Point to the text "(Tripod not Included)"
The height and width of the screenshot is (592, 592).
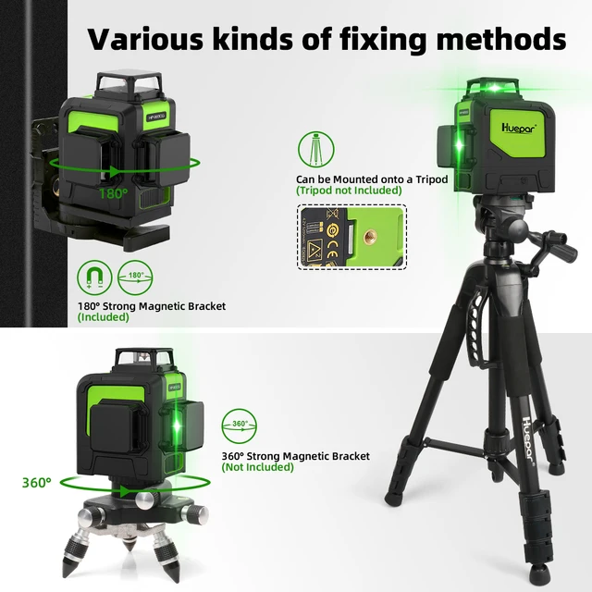[x=349, y=191]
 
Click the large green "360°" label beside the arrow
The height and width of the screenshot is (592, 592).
[x=38, y=482]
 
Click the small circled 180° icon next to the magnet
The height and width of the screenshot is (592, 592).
[x=135, y=275]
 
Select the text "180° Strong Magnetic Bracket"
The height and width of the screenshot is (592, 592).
[x=152, y=306]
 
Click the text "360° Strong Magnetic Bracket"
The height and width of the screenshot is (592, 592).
[x=295, y=456]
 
